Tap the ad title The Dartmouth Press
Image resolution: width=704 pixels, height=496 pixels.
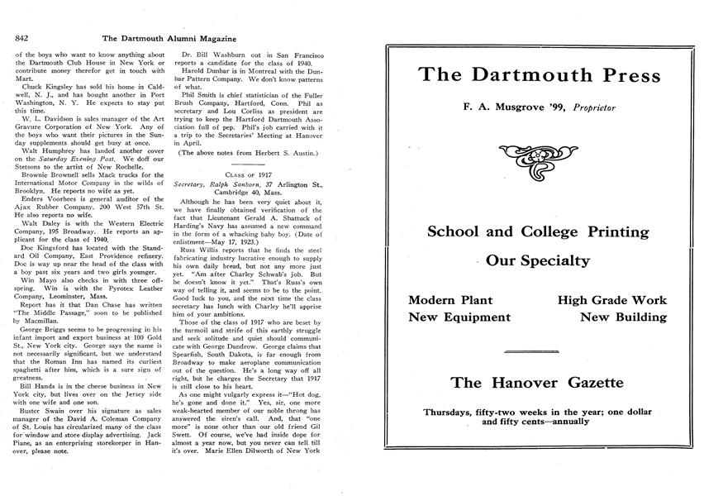pyautogui.click(x=540, y=75)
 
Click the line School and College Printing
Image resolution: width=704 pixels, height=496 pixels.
pyautogui.click(x=538, y=231)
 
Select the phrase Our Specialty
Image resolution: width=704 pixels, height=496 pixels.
pyautogui.click(x=538, y=261)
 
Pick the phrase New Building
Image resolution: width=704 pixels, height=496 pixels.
pyautogui.click(x=623, y=317)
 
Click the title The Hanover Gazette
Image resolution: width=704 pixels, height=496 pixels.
pyautogui.click(x=538, y=383)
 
